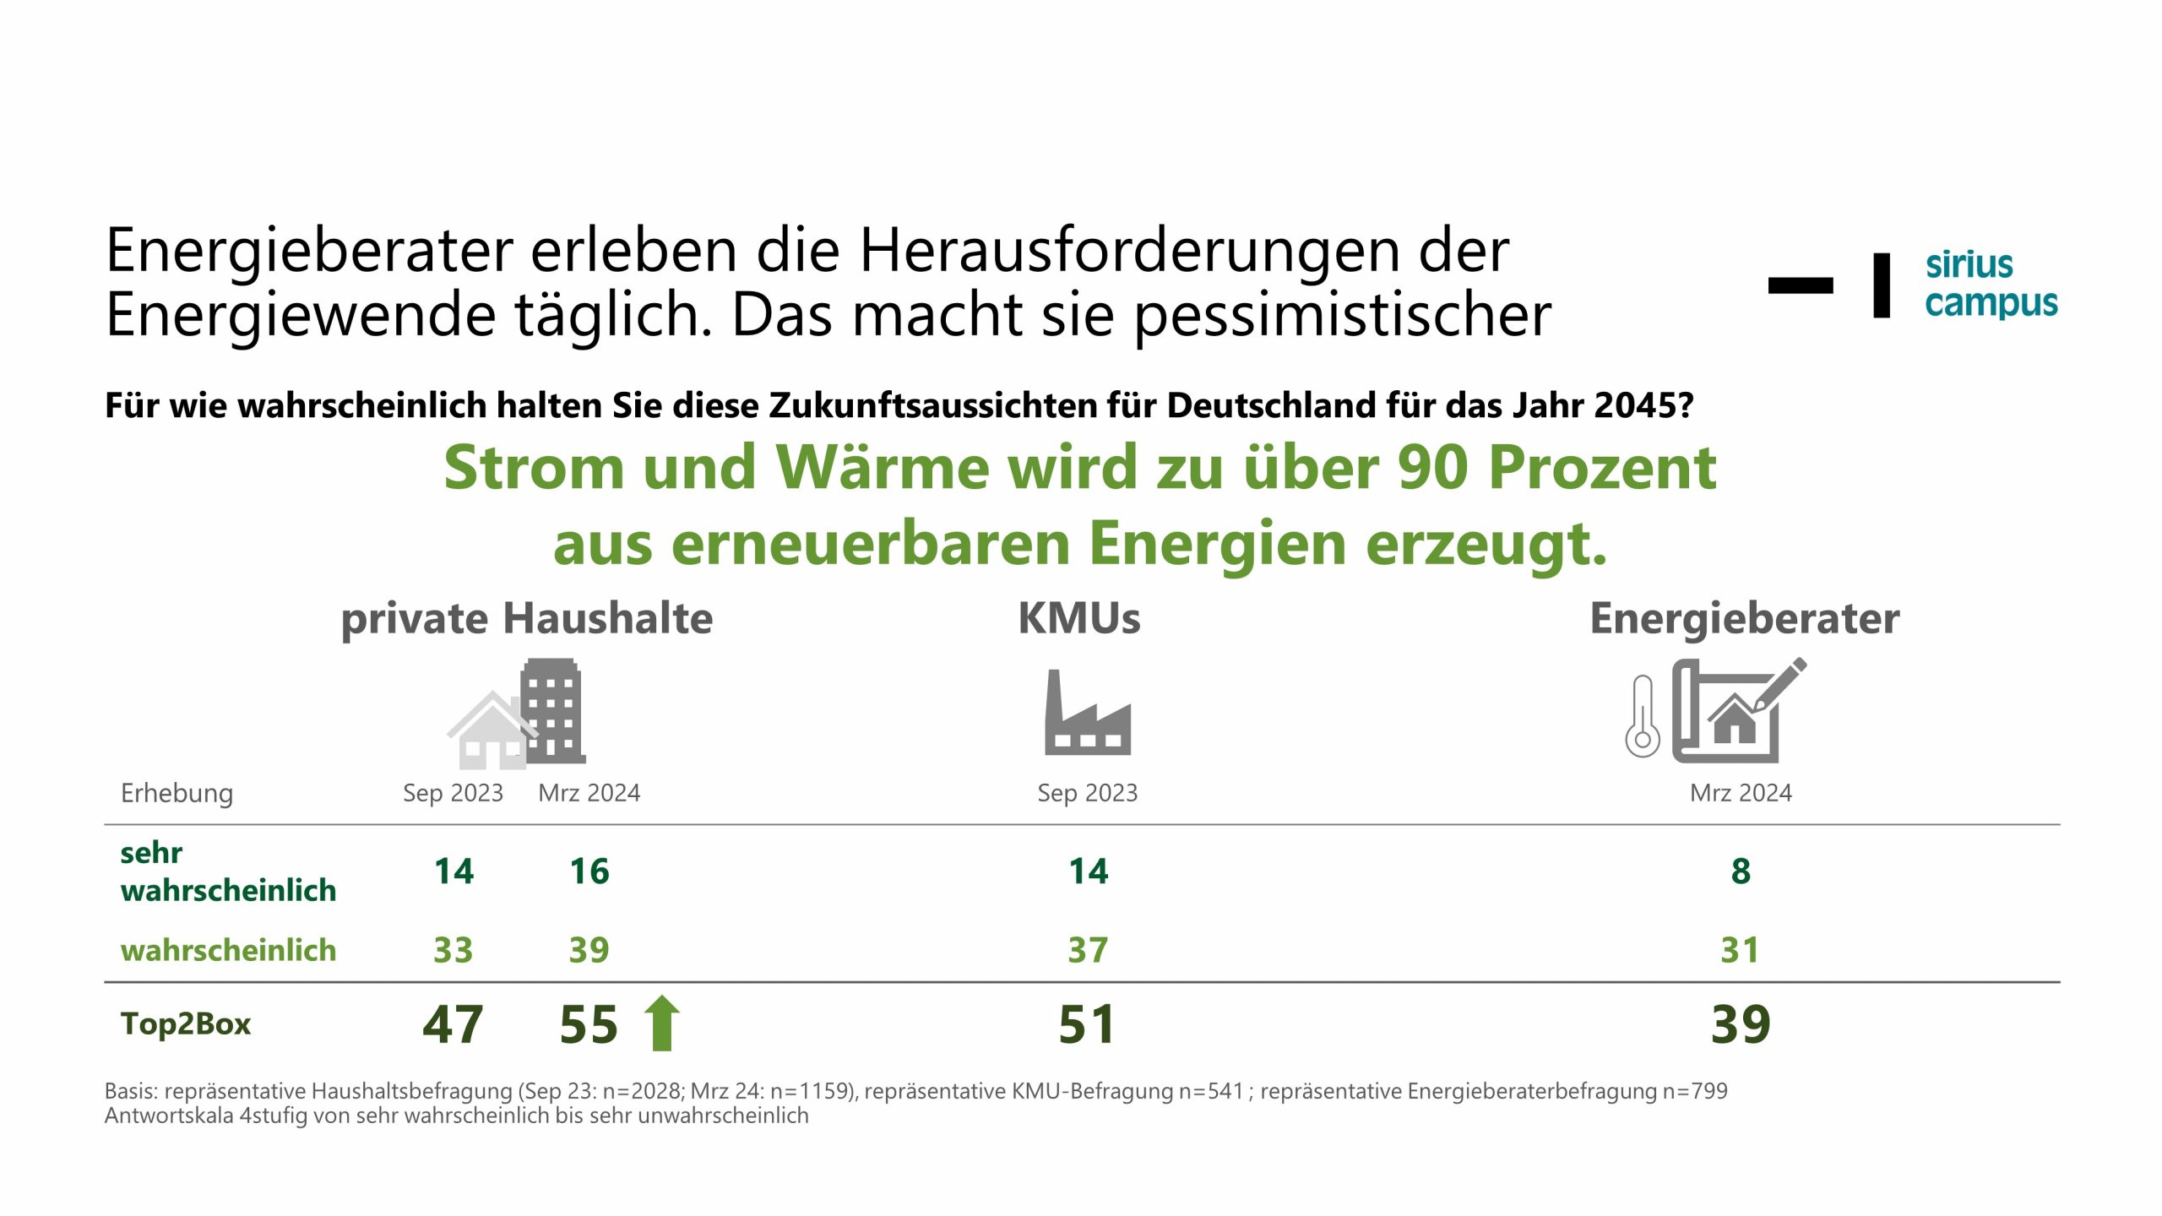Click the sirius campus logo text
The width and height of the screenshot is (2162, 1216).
[x=1991, y=284]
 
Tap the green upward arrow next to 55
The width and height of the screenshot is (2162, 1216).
[x=662, y=1023]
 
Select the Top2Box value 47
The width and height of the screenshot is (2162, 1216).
[x=453, y=1024]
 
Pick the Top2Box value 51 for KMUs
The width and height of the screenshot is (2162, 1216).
[x=1087, y=1024]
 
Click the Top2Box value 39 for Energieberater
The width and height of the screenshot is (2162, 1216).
[x=1741, y=1024]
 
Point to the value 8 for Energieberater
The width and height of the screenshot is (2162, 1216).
[x=1741, y=871]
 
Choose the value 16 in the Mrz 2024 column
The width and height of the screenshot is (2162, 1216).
[x=589, y=871]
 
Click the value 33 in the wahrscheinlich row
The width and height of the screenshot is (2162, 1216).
[x=453, y=950]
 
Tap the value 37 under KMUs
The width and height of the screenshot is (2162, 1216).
[x=1088, y=950]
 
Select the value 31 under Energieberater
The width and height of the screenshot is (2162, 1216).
[x=1740, y=950]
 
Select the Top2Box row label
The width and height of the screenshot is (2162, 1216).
[x=186, y=1023]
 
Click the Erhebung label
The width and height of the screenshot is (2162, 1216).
[x=177, y=793]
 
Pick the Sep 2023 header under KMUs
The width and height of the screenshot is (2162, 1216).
[x=1087, y=793]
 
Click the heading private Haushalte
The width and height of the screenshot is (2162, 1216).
[x=527, y=618]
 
